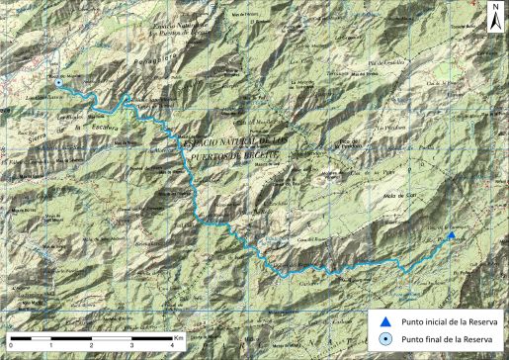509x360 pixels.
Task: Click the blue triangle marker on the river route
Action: [450, 235]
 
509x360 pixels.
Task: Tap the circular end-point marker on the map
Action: [57, 84]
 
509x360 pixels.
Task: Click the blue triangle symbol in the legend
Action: [387, 321]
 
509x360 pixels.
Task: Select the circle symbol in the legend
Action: [387, 339]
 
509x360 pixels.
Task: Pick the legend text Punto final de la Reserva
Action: [443, 339]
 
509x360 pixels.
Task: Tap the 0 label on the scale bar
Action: [7, 347]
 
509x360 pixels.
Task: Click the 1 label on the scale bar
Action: [49, 347]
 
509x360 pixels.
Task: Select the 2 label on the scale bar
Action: [91, 347]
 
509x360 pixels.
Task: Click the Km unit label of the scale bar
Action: [178, 336]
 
